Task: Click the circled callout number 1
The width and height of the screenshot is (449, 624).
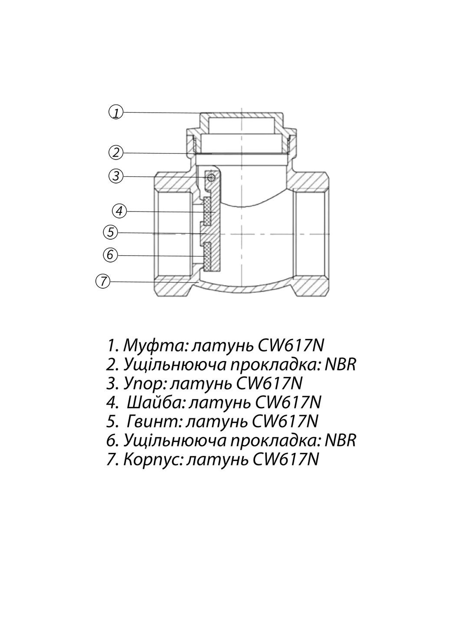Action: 115,112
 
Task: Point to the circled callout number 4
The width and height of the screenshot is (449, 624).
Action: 120,211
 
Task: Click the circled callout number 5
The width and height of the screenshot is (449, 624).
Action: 111,232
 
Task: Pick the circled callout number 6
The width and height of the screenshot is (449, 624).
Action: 110,254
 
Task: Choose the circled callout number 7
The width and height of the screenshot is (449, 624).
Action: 102,281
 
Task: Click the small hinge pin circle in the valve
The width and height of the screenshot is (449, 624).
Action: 211,177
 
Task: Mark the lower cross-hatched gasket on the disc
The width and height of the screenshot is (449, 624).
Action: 207,256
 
